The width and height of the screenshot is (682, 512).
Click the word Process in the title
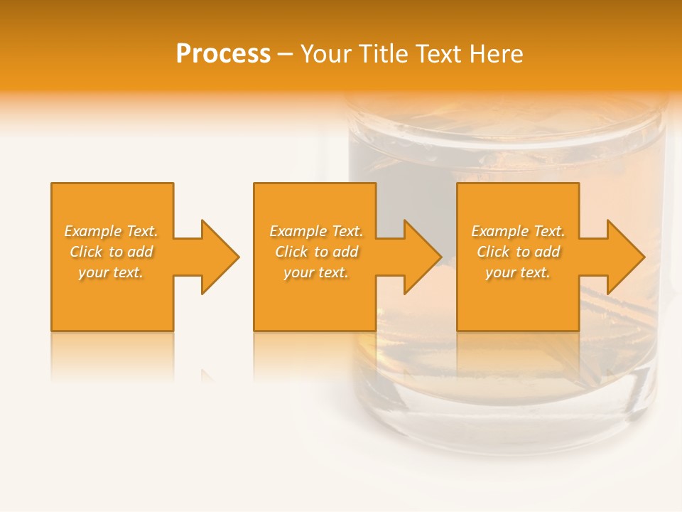click(x=223, y=54)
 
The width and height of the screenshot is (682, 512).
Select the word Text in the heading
click(x=438, y=54)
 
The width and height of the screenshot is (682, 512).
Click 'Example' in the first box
click(x=92, y=231)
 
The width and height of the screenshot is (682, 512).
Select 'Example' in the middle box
click(x=298, y=231)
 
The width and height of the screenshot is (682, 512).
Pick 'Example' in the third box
click(x=499, y=231)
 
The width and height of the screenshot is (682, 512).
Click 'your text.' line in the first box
click(x=111, y=272)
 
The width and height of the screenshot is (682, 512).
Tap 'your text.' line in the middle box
click(x=315, y=272)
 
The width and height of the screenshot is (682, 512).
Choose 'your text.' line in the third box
click(x=518, y=272)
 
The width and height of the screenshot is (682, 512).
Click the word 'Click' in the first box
click(x=85, y=252)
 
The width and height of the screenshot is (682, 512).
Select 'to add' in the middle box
click(x=336, y=252)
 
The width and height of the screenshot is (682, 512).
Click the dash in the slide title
click(x=286, y=54)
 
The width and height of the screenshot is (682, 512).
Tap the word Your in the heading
click(x=325, y=54)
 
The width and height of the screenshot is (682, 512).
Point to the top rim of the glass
click(x=504, y=114)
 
